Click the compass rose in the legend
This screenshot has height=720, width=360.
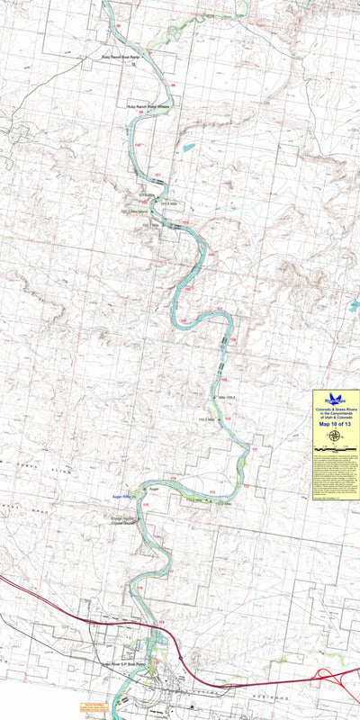(335, 436)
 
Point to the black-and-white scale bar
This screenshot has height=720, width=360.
(335, 447)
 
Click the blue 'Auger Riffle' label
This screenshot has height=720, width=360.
(121, 496)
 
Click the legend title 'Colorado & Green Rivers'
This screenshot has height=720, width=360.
(335, 410)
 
